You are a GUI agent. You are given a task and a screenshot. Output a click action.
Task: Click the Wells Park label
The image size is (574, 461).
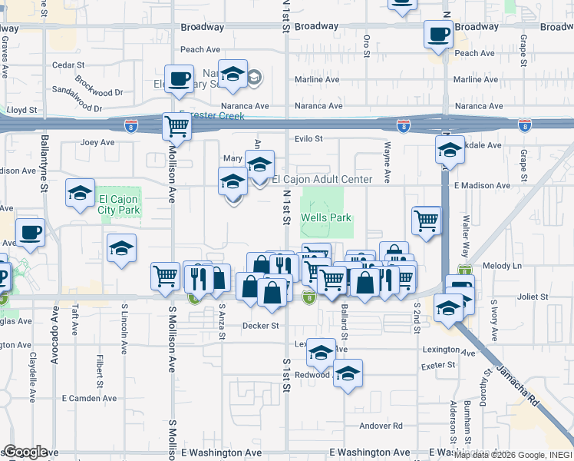[x=325, y=217]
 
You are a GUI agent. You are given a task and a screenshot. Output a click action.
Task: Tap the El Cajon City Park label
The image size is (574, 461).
[x=119, y=204]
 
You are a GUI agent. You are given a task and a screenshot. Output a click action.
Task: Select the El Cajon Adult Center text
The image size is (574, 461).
[x=322, y=179]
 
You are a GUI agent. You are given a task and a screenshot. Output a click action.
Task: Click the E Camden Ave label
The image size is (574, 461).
[x=90, y=398]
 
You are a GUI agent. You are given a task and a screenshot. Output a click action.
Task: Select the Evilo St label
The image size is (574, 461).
[x=308, y=139]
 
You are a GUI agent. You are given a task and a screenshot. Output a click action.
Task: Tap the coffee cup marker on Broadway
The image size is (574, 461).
[x=438, y=35]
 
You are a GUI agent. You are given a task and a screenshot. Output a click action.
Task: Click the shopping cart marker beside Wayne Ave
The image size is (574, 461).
[x=426, y=221]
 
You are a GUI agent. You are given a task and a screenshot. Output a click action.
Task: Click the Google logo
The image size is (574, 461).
[x=25, y=452]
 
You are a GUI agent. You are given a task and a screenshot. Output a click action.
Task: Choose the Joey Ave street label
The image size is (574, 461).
[x=97, y=142]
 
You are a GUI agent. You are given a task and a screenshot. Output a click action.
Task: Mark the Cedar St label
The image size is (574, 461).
[x=68, y=65]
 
